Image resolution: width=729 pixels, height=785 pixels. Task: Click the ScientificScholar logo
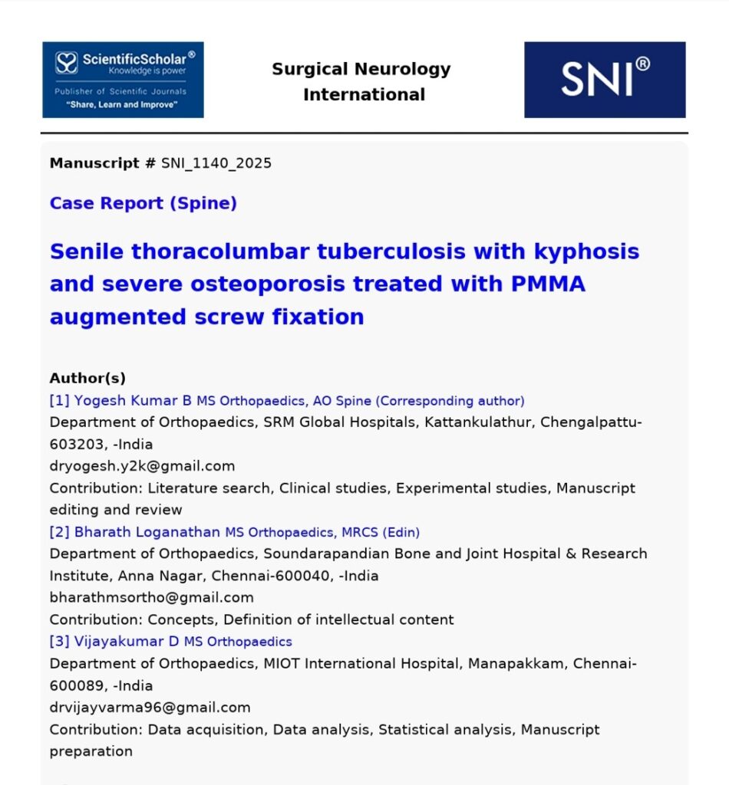pos(123,80)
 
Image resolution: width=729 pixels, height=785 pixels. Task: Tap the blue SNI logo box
pos(605,80)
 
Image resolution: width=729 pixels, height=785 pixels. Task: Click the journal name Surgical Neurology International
pos(361,82)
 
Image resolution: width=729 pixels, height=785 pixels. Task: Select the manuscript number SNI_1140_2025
pos(216,163)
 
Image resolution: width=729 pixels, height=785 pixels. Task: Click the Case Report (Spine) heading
pos(143,203)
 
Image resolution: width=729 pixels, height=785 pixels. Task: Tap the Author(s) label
pos(87,378)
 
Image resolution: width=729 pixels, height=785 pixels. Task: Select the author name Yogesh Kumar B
pos(133,400)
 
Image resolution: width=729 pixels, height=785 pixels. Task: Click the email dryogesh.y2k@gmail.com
pos(142,466)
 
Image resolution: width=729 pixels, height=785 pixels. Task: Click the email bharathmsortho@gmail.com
pos(151,597)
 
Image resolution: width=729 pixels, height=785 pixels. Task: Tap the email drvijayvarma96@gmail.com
pos(150,708)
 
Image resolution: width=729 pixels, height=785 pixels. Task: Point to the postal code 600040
pos(305,576)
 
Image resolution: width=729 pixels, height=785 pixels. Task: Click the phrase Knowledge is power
pos(147,71)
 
